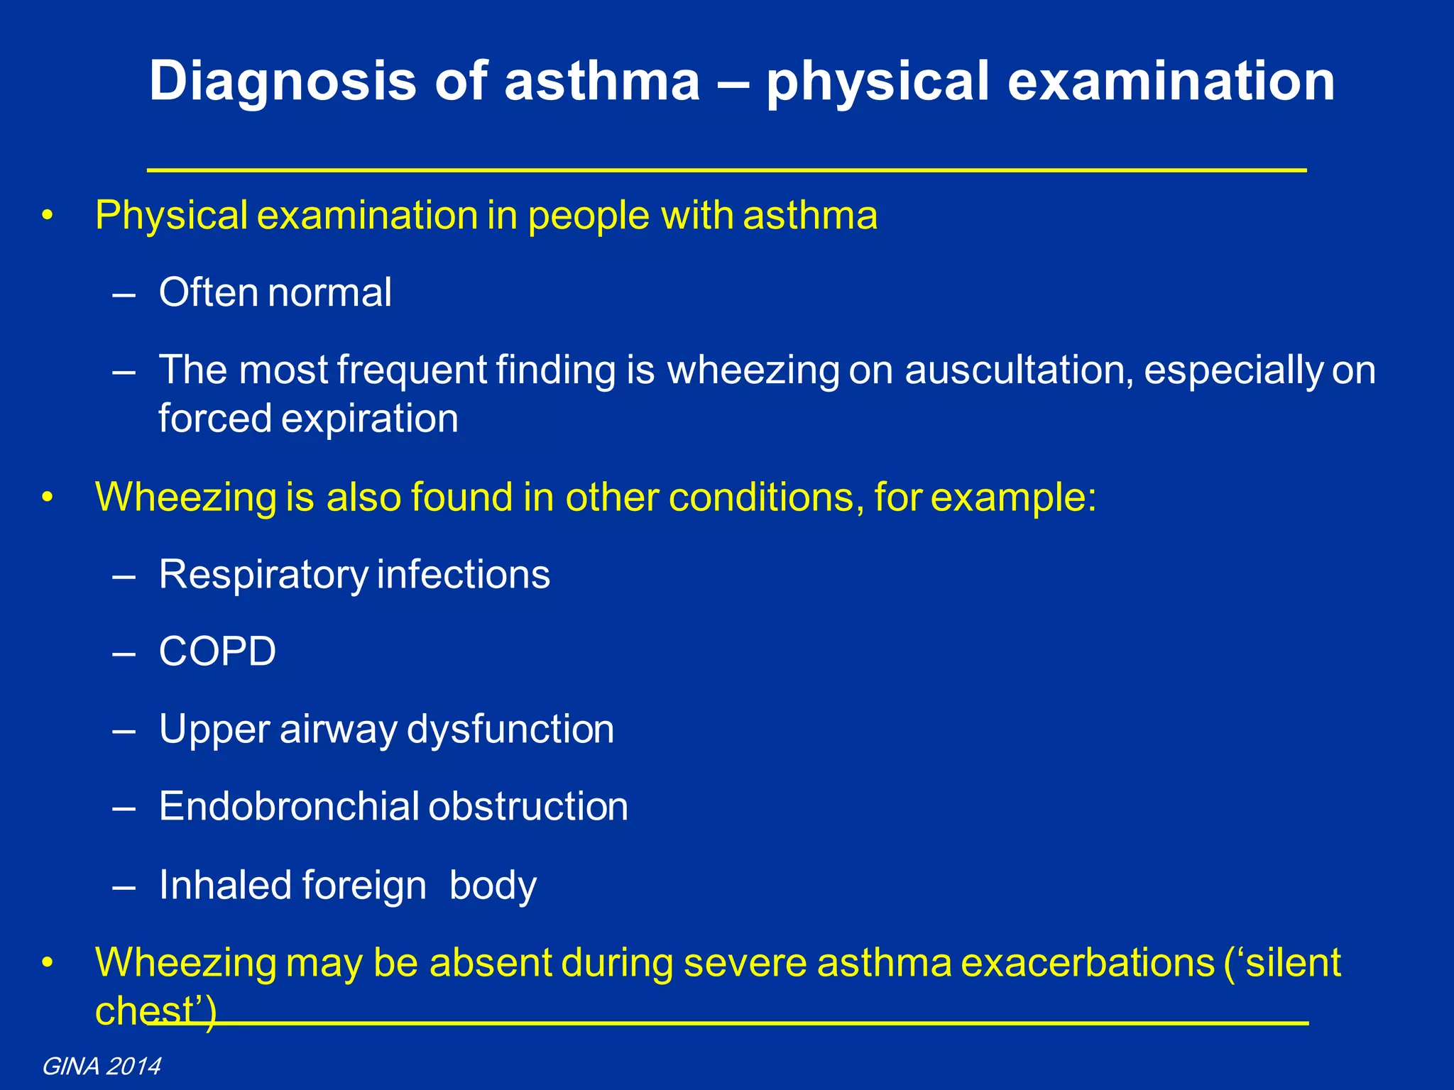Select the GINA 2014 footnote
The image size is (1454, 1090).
[x=102, y=1066]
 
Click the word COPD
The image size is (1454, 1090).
[x=217, y=651]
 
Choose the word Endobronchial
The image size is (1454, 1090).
[x=290, y=806]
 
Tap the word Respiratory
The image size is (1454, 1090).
[x=263, y=573]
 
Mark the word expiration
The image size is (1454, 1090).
[x=369, y=418]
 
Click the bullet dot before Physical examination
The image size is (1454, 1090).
[x=48, y=216]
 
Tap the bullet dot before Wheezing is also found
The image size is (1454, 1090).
[x=48, y=497]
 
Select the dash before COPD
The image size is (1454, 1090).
[x=124, y=651]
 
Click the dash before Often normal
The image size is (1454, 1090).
[x=124, y=293]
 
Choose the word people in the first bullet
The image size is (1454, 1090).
[x=589, y=216]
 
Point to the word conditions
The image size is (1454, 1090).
[x=766, y=497]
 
